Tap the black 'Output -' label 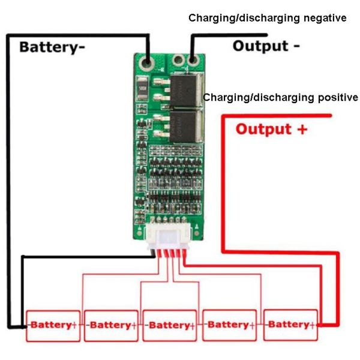click(266, 46)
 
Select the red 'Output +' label click(272, 129)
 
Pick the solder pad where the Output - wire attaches click(192, 60)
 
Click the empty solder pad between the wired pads click(178, 60)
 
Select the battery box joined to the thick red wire click(290, 325)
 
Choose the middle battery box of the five click(170, 325)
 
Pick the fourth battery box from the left click(229, 325)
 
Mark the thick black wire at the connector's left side click(84, 257)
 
